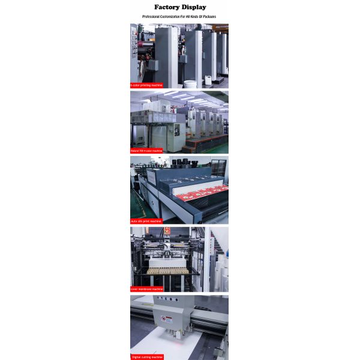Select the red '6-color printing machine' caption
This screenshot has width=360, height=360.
tap(146, 85)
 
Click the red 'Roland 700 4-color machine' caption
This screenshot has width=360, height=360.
tap(147, 151)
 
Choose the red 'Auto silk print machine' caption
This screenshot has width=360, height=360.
tap(146, 221)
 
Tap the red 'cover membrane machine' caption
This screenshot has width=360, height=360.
tap(147, 289)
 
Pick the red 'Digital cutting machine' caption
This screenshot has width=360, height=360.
tap(147, 356)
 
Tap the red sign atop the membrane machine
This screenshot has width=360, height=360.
tap(167, 230)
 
